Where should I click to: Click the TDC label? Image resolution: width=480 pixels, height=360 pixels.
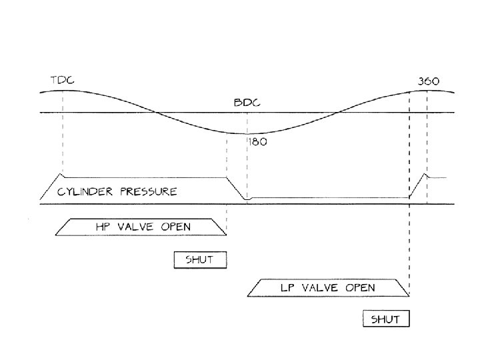click(x=62, y=81)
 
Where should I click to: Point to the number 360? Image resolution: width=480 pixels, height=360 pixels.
click(x=428, y=81)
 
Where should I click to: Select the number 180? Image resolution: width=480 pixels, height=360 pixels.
click(x=258, y=143)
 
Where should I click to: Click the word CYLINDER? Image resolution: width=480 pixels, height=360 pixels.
click(x=83, y=191)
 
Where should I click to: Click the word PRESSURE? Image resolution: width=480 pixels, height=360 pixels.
click(x=149, y=191)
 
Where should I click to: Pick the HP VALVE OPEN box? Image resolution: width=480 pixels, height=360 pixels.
click(x=140, y=227)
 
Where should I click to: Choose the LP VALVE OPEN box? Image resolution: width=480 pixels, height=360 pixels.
click(x=327, y=288)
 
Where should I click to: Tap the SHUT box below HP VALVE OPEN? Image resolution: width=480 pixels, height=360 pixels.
click(x=200, y=259)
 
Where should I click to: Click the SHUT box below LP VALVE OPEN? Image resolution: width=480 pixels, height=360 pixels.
click(x=386, y=319)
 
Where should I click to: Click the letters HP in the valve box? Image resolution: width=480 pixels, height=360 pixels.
click(x=103, y=227)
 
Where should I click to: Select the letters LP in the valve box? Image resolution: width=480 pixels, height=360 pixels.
click(x=288, y=288)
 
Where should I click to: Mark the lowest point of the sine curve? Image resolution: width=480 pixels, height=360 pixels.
click(x=247, y=134)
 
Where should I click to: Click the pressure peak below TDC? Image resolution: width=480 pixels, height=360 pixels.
click(x=61, y=175)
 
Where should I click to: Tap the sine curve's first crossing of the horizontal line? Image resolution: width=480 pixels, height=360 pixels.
click(x=155, y=113)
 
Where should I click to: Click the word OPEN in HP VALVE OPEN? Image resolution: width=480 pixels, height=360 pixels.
click(x=175, y=227)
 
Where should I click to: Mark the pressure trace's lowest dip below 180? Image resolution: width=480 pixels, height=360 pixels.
click(x=247, y=199)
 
